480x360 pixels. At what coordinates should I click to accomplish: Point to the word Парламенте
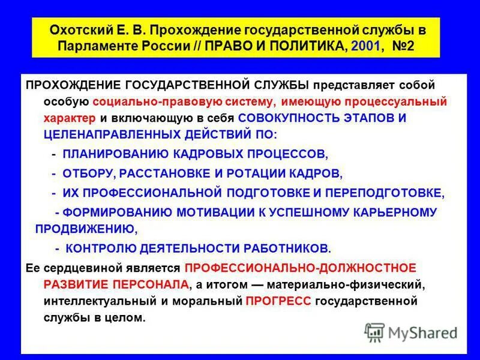(x=91, y=46)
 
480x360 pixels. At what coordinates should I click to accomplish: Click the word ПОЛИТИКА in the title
(x=302, y=46)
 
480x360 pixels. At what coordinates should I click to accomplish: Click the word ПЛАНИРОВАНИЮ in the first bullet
(x=110, y=154)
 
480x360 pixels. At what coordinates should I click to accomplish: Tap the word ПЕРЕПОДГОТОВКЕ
(x=378, y=193)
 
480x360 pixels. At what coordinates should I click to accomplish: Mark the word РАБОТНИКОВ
(x=283, y=248)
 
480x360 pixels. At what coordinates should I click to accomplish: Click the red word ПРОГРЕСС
(x=278, y=301)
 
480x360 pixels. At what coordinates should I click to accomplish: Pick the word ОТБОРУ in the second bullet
(x=89, y=173)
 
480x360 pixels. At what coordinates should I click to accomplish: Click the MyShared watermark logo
(x=410, y=332)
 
